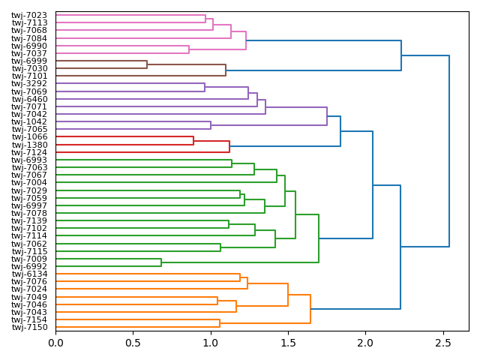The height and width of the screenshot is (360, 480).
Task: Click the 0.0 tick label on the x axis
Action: click(55, 342)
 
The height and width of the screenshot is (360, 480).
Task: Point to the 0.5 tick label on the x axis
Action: click(133, 342)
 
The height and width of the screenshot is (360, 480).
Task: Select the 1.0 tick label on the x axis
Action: click(211, 342)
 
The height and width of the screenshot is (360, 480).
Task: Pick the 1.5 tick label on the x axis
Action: click(288, 342)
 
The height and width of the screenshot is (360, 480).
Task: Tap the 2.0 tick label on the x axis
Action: click(365, 342)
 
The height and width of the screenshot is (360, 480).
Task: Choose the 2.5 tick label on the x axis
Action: click(442, 342)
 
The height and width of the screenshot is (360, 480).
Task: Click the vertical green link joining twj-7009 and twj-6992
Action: click(161, 262)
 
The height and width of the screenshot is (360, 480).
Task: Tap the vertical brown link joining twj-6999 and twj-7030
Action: click(147, 64)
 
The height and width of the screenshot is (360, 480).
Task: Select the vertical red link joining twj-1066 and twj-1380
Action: click(193, 141)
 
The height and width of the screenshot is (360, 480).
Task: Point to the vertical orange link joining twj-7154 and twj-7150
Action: click(220, 324)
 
